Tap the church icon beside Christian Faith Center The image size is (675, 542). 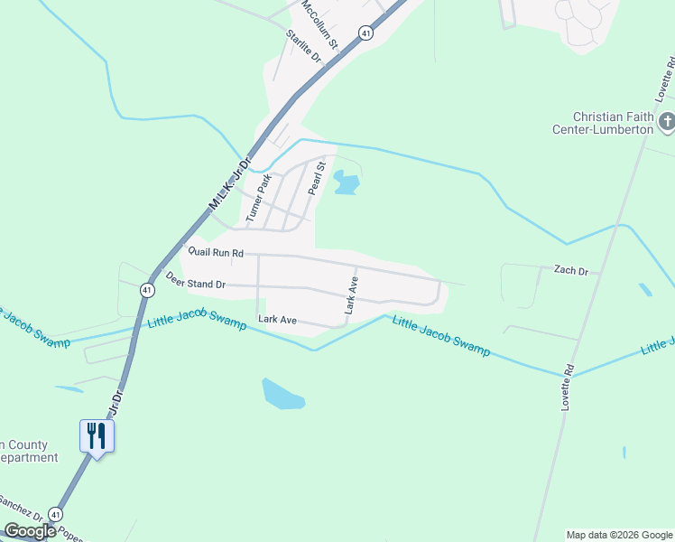click(667, 122)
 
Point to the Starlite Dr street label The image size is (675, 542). click(304, 46)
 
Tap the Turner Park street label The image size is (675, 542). click(259, 198)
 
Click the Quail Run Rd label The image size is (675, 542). click(216, 252)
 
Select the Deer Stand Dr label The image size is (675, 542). click(196, 283)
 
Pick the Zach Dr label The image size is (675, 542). click(570, 270)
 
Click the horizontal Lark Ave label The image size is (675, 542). click(277, 320)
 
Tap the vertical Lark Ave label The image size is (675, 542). click(351, 294)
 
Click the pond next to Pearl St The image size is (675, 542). click(346, 183)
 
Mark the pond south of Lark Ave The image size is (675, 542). click(282, 394)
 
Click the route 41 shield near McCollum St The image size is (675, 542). click(365, 33)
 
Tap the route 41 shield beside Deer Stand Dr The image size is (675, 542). click(146, 289)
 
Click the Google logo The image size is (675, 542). click(30, 531)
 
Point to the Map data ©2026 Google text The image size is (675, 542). click(618, 535)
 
